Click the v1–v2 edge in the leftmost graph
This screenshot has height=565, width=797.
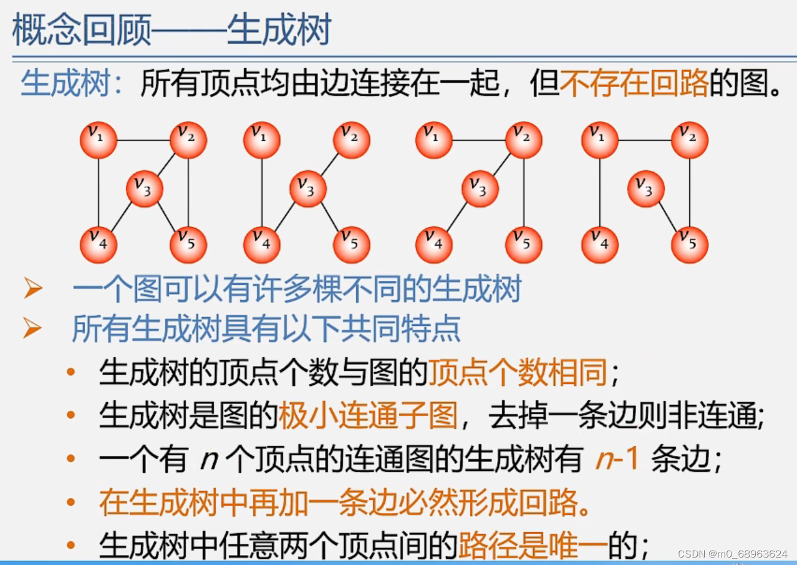143,140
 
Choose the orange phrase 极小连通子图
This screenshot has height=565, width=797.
368,415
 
